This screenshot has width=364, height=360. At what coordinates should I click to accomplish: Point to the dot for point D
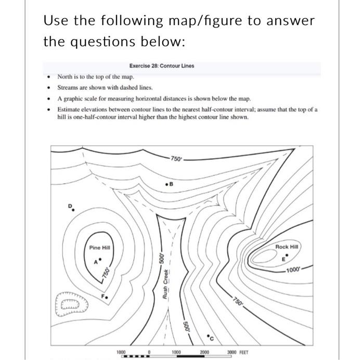point(72,210)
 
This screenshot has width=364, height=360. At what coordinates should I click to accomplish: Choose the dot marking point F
point(107,298)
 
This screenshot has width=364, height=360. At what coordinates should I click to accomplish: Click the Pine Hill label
point(99,248)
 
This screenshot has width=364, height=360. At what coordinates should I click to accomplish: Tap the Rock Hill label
point(289,247)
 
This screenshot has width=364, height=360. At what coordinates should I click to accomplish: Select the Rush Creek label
point(165,294)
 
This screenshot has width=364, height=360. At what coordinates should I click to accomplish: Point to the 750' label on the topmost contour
point(176,159)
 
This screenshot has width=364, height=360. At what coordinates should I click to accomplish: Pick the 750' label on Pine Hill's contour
point(106,274)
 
